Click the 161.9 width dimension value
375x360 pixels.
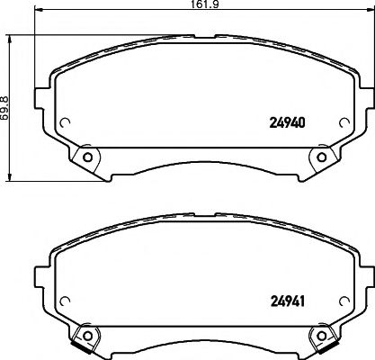click(186, 4)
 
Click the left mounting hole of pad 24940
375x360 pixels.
click(87, 158)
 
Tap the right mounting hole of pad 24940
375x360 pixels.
click(322, 158)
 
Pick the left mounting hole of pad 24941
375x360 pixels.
click(87, 335)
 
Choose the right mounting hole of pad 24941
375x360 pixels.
click(322, 335)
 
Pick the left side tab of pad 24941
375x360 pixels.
click(40, 272)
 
